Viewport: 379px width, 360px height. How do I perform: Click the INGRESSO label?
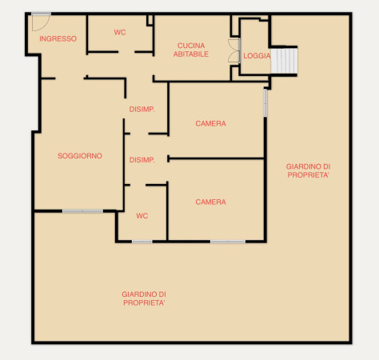coord(58,38)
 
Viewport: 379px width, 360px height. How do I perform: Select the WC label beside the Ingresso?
coord(120,32)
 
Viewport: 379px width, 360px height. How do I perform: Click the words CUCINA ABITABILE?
coord(191,50)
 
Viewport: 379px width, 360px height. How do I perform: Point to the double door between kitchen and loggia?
coord(234,50)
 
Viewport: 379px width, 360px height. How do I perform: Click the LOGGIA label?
coord(257,56)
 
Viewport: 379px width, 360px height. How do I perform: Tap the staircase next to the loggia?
coord(284,60)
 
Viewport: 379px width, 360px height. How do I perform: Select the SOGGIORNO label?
coord(80,156)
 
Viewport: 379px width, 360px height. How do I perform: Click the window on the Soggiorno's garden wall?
coord(82,211)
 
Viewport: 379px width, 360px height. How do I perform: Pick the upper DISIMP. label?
coord(142,109)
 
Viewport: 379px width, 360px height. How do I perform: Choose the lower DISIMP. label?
coord(142,160)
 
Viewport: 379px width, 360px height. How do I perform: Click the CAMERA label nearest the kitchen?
coord(210,123)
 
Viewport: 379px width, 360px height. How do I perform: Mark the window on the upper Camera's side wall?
coord(265,102)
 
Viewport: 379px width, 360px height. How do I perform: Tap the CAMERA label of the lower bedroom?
coord(210,202)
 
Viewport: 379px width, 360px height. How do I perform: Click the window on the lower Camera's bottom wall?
coord(228,242)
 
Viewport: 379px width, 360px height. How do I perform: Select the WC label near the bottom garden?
coord(142,216)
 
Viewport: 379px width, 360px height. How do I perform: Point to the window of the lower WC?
coord(142,242)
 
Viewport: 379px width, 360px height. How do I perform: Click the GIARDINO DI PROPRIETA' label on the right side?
coord(308,170)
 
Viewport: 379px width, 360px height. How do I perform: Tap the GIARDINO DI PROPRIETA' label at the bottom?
coord(144,298)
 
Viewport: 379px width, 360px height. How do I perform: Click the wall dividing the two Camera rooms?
coord(216,158)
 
